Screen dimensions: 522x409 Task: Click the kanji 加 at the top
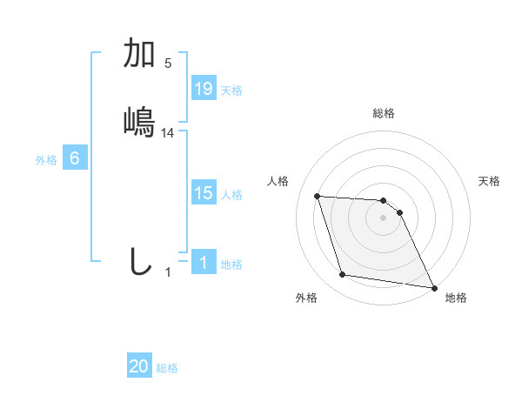(139, 54)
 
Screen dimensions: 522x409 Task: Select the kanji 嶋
(139, 121)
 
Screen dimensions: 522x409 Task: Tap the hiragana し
(139, 261)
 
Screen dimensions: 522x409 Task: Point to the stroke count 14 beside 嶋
(168, 133)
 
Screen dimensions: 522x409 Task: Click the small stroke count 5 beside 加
(168, 63)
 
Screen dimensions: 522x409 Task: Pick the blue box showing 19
(204, 88)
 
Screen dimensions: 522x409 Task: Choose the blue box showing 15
(204, 193)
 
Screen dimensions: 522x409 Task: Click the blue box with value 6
(75, 158)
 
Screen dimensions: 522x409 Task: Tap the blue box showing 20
(139, 366)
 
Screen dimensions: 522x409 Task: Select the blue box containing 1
(204, 263)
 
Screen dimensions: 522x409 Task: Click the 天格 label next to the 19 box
(231, 90)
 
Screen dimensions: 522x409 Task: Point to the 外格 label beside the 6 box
(46, 160)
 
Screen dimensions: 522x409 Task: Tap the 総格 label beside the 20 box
(167, 368)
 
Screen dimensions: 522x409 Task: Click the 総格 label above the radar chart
(384, 113)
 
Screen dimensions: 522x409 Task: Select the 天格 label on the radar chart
(489, 181)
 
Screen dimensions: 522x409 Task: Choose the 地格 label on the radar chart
(456, 298)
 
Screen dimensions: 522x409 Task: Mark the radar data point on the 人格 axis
(318, 196)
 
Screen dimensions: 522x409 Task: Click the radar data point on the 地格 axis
(434, 287)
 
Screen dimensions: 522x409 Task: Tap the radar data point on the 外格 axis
(343, 275)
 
